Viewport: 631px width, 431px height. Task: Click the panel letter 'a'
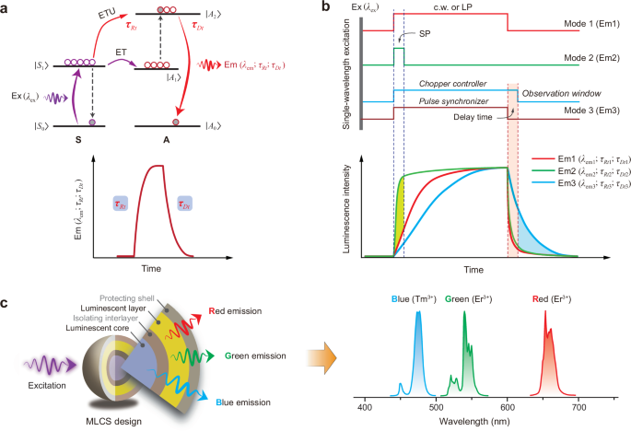pos(7,8)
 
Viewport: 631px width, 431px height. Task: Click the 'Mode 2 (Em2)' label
pos(590,65)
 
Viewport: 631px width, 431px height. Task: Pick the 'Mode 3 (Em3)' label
pos(590,117)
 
